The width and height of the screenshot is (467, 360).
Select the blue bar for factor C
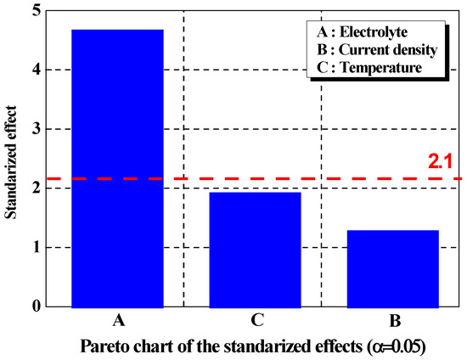255,250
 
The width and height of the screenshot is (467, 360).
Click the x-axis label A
117,321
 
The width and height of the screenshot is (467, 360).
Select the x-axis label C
255,321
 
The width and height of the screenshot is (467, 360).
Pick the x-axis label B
391,321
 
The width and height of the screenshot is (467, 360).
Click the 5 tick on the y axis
35,11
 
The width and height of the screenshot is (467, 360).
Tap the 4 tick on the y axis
35,70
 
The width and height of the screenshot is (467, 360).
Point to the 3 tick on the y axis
35,129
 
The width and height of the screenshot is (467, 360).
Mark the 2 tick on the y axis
35,188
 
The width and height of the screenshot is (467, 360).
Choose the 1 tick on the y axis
35,248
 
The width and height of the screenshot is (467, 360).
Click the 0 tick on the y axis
35,307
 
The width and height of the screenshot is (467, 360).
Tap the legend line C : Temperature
369,67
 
